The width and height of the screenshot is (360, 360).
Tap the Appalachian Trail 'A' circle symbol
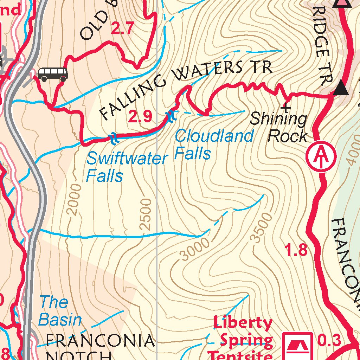coord(321,156)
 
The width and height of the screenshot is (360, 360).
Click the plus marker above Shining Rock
coord(287,106)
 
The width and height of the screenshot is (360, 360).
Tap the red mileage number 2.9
coord(140,117)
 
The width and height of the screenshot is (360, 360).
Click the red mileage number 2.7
coord(122,28)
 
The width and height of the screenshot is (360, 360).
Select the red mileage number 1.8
coord(296,251)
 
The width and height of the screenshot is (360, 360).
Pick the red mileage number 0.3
coord(329,340)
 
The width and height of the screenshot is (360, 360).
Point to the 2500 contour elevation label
coord(146,214)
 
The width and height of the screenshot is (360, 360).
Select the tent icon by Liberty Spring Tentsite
coord(298,345)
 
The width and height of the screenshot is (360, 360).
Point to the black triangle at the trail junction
coord(341,88)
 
